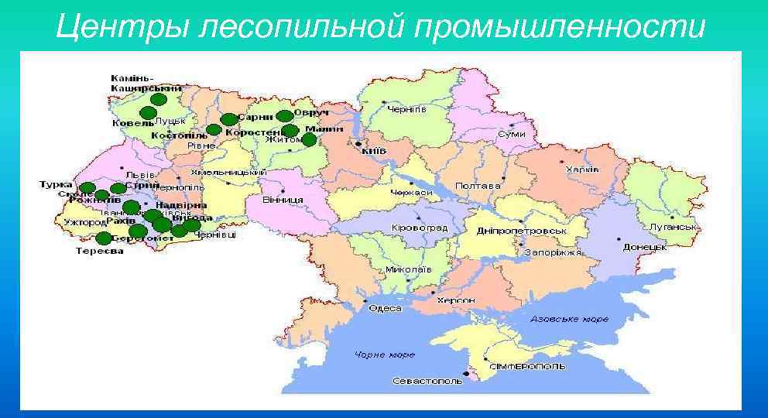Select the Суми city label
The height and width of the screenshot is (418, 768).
[511, 134]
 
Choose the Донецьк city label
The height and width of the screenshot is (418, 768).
[644, 247]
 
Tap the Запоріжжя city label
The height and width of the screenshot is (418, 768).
[552, 252]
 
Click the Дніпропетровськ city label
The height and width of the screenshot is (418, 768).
[522, 231]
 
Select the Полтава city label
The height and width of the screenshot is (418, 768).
[478, 186]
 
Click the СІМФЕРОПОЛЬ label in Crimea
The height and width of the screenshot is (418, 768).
[527, 365]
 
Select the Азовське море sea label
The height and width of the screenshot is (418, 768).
[570, 319]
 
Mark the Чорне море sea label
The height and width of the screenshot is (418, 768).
[385, 355]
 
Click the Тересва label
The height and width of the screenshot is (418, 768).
[99, 250]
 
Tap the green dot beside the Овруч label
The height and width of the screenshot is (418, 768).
[284, 116]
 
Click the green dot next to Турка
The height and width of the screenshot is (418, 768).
[87, 187]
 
